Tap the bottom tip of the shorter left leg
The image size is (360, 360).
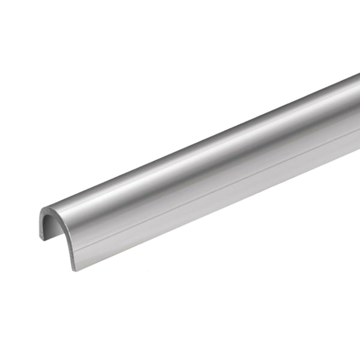tap(43, 239)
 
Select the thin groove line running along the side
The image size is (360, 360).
tap(210, 193)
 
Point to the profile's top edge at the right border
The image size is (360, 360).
tap(359, 74)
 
